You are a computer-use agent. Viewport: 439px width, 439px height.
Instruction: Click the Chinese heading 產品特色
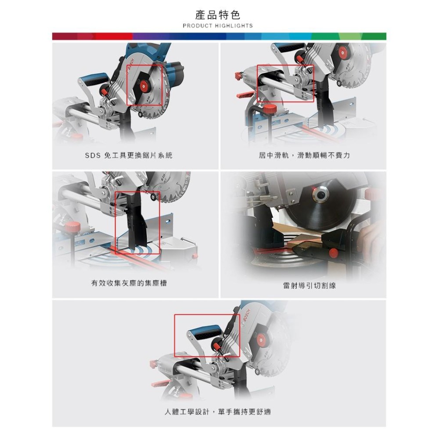pos(218,15)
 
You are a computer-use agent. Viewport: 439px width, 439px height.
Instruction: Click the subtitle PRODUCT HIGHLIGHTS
pos(218,26)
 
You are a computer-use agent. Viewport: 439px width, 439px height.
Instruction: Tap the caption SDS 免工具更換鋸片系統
pos(129,155)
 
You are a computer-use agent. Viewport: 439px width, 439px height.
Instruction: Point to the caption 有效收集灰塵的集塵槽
pos(129,284)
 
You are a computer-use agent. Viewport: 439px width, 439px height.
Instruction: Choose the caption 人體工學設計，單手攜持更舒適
pos(218,411)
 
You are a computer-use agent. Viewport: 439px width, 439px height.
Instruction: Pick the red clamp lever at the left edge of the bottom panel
pos(155,363)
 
